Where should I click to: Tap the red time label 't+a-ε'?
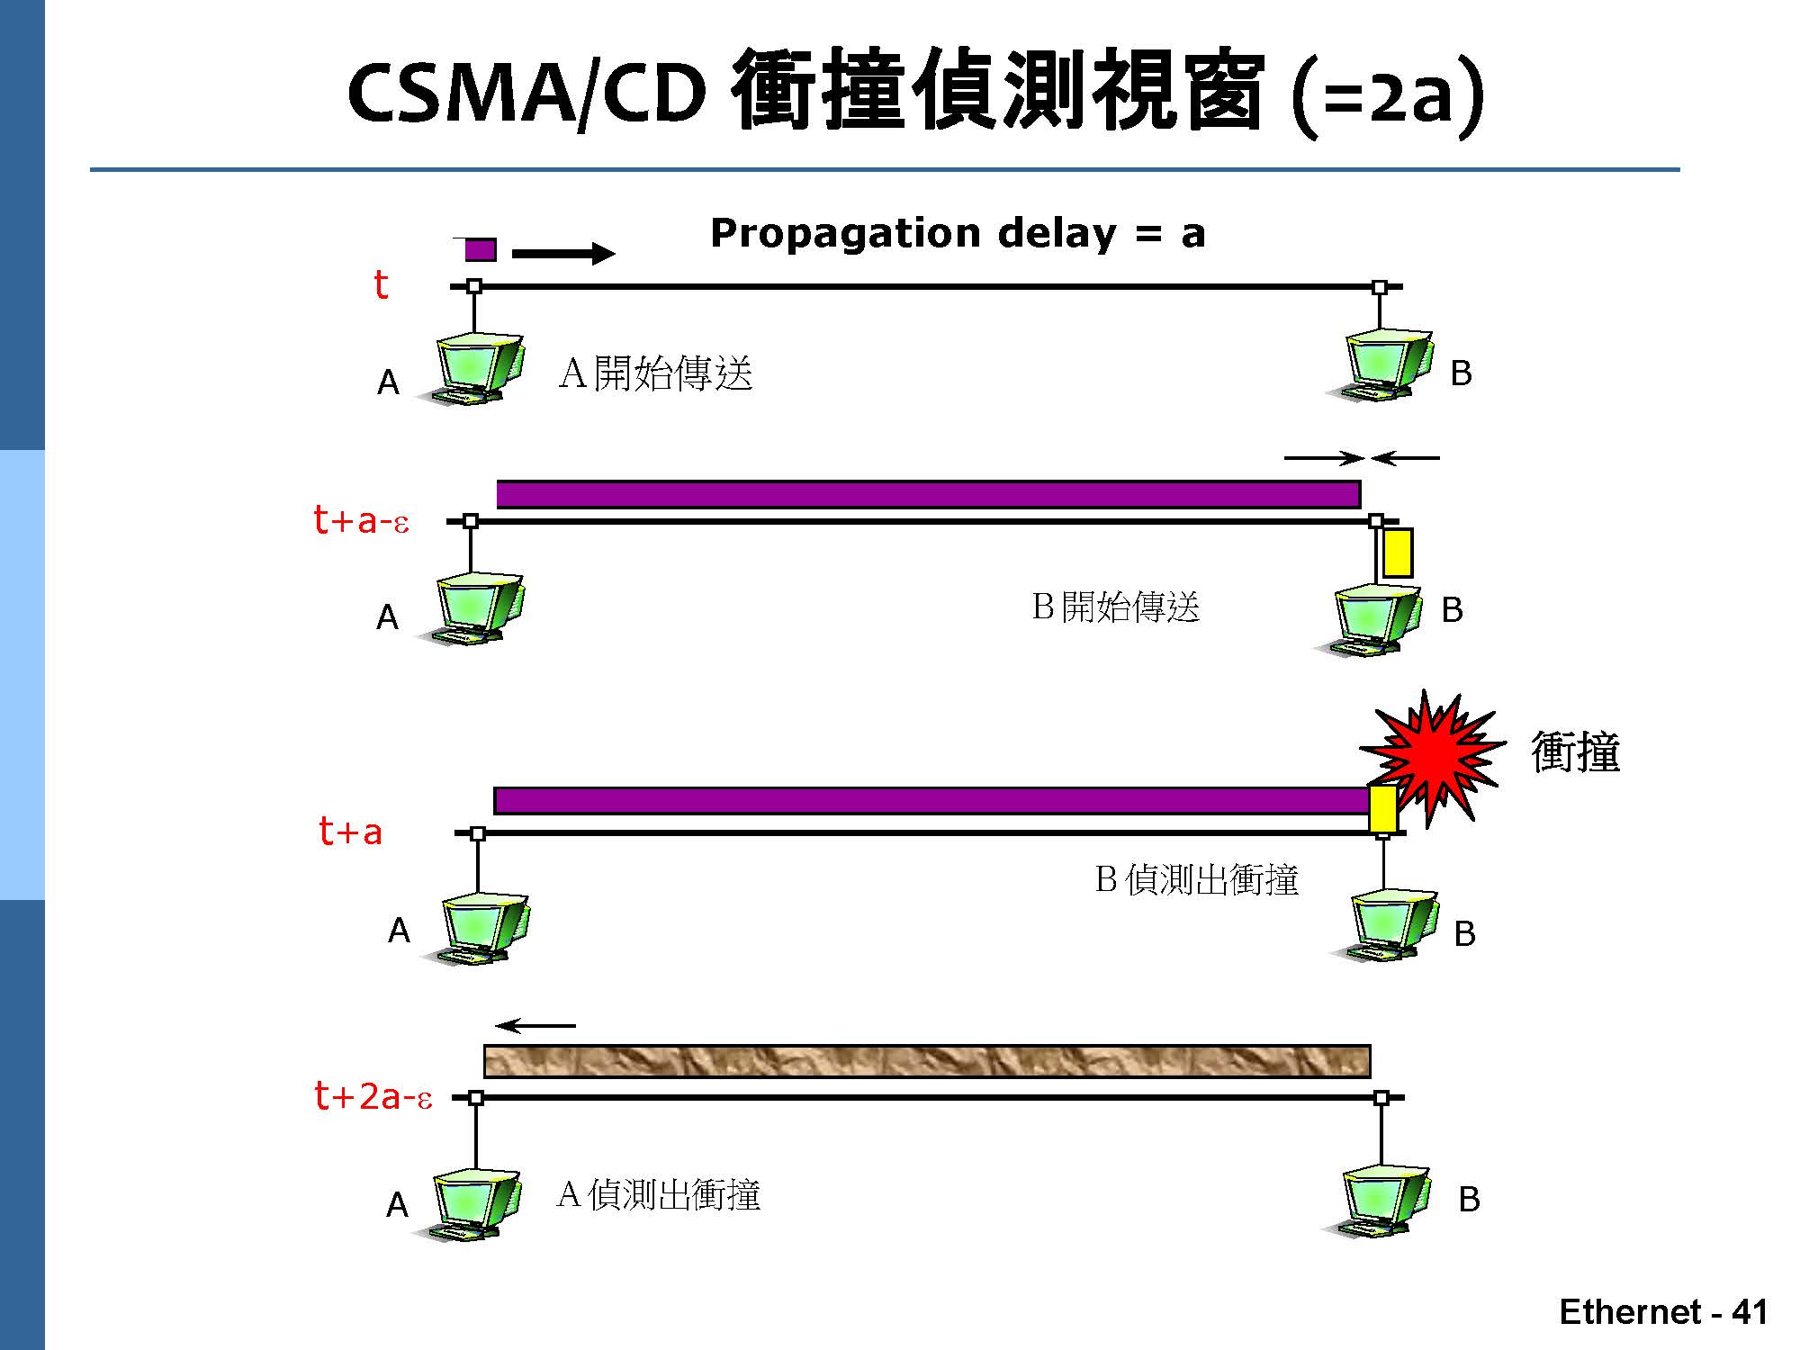(361, 520)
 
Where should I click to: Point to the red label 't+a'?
(350, 832)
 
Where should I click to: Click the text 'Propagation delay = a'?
(957, 233)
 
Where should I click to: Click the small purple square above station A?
(480, 249)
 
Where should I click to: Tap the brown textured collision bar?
(927, 1061)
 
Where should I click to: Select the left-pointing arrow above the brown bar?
(535, 1026)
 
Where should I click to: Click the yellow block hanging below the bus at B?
(1397, 553)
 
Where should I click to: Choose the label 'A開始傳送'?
(655, 373)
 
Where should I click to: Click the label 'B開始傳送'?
(1116, 607)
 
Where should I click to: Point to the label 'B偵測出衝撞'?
(1196, 879)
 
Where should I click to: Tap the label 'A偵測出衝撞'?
(659, 1195)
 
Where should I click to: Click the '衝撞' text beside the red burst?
(1575, 752)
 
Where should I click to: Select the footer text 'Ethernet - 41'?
(1663, 1311)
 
